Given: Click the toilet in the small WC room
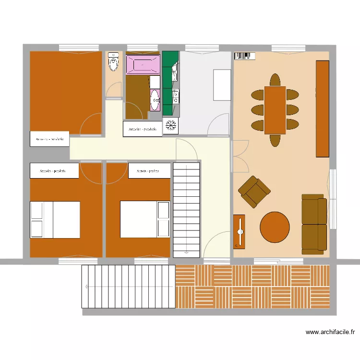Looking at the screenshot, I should click(x=113, y=61).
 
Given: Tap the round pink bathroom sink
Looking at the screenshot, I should click(x=155, y=100).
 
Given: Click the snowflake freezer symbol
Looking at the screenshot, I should click(x=171, y=126).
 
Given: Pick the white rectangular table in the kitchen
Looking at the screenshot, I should click(x=222, y=85).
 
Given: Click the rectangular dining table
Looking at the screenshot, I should click(x=275, y=110).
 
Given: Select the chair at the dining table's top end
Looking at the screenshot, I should click(x=275, y=80).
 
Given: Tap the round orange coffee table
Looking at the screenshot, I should click(x=275, y=227).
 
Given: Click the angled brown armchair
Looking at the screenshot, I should click(x=254, y=192).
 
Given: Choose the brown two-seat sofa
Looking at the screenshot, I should click(x=314, y=224).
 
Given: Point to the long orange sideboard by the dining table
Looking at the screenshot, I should click(x=323, y=108).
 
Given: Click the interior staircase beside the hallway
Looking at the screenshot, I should click(x=186, y=209).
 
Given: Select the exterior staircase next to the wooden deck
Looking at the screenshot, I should click(x=127, y=287).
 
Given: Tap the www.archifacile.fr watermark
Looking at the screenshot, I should click(x=330, y=331).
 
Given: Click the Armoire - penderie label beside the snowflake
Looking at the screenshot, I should click(x=143, y=129).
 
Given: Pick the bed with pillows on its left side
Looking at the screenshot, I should click(x=55, y=219).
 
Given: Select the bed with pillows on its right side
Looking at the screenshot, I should click(x=144, y=219).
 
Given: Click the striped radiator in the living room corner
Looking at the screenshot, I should click(x=243, y=56).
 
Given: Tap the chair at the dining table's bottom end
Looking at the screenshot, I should click(x=275, y=140).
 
